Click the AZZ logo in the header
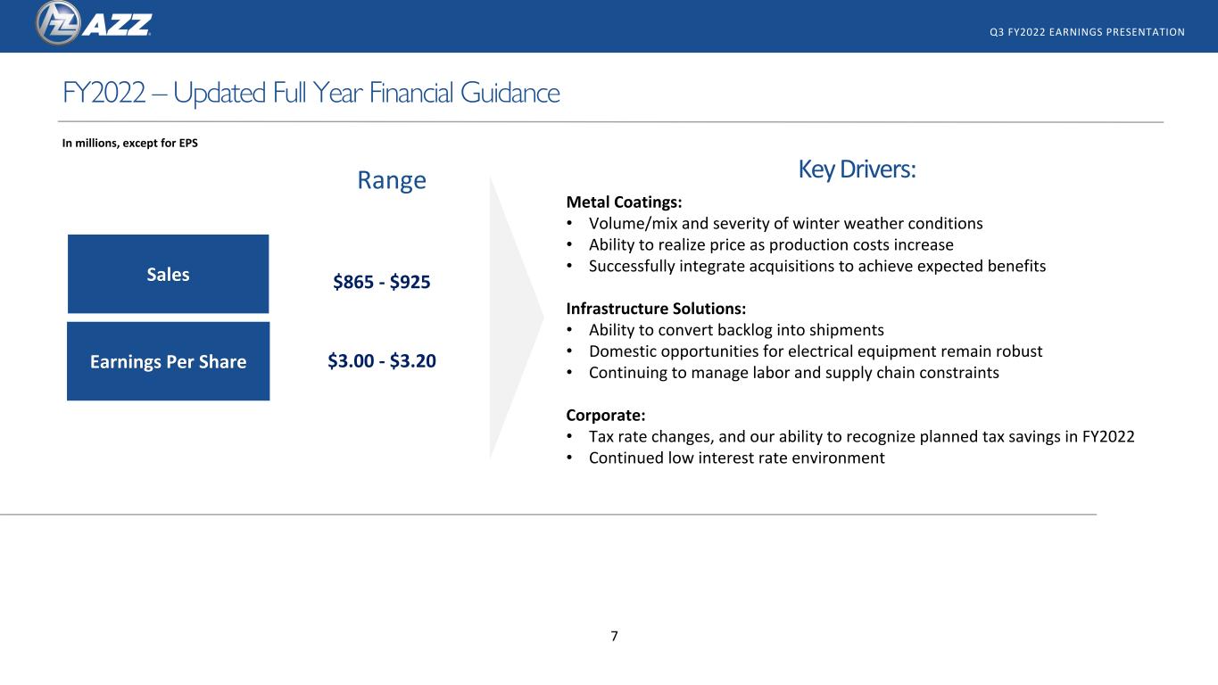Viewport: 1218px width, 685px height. tap(94, 23)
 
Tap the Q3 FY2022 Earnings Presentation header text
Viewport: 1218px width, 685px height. tap(1087, 32)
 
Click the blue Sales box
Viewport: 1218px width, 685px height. tap(168, 274)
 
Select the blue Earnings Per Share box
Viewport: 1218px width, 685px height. tap(168, 361)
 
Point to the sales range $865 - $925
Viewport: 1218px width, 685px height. tap(382, 282)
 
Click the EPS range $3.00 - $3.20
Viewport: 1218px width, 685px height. tap(382, 360)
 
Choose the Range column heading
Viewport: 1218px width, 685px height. tap(392, 180)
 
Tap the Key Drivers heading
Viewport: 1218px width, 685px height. tap(857, 169)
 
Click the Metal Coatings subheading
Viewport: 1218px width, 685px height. tap(624, 202)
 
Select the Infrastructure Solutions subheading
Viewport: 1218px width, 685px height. tap(656, 309)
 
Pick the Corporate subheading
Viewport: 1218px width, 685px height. tap(606, 416)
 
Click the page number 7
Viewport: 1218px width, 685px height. tap(615, 636)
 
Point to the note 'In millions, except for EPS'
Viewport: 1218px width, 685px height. tap(130, 143)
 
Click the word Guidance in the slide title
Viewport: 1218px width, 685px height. tap(510, 93)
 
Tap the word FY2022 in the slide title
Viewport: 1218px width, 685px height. tap(104, 93)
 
